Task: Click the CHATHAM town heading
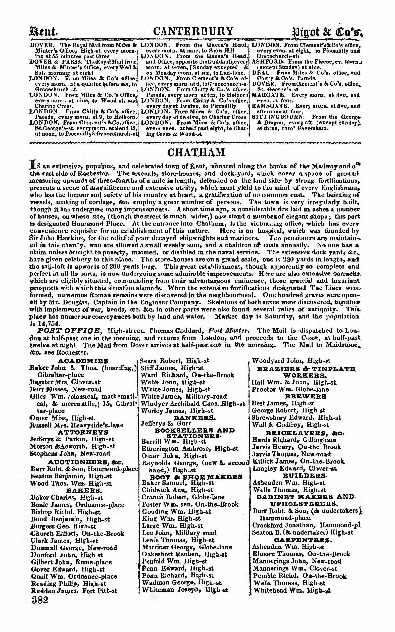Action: pyautogui.click(x=196, y=152)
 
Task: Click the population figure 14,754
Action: pyautogui.click(x=48, y=323)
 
